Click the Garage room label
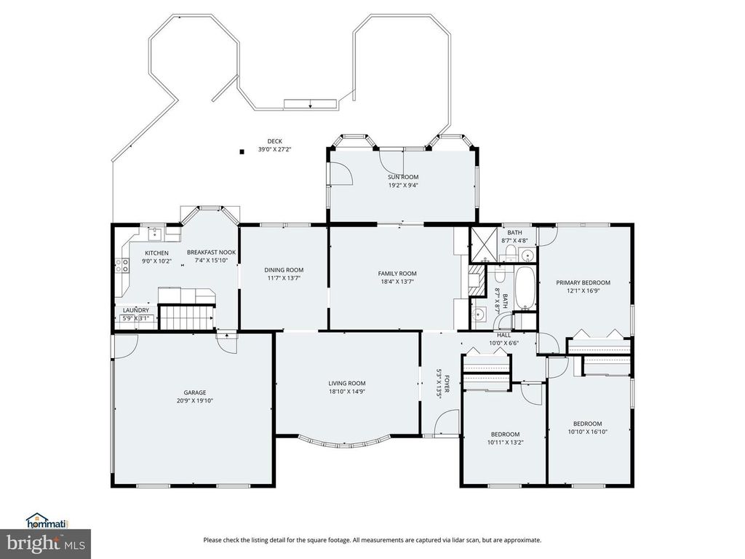coord(194,392)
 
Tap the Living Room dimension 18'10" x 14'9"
coord(346,392)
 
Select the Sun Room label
coord(402,177)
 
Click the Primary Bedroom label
coord(583,282)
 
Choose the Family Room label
coord(397,273)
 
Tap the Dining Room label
coord(283,270)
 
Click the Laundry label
coord(135,310)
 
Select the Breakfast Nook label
coord(211,253)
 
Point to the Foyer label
coord(447,384)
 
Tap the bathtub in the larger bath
coord(524,288)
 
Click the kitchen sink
coord(154,234)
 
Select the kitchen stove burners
coord(121,266)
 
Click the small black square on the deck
coord(242,152)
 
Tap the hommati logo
coord(46,520)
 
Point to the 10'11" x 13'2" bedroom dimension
coord(504,441)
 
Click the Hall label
coord(503,335)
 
